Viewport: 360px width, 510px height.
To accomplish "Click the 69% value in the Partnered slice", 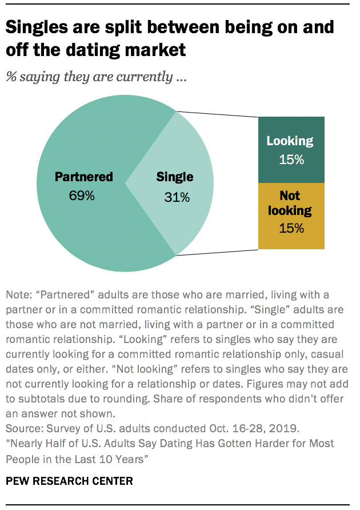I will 83,196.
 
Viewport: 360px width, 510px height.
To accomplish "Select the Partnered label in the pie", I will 83,177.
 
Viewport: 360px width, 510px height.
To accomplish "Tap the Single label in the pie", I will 175,177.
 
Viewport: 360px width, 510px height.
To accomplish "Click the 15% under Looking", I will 291,160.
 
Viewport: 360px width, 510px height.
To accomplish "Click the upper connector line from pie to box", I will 217,114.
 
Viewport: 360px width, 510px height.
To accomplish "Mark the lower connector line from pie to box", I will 217,252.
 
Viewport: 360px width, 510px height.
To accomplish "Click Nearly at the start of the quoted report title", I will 26,444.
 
